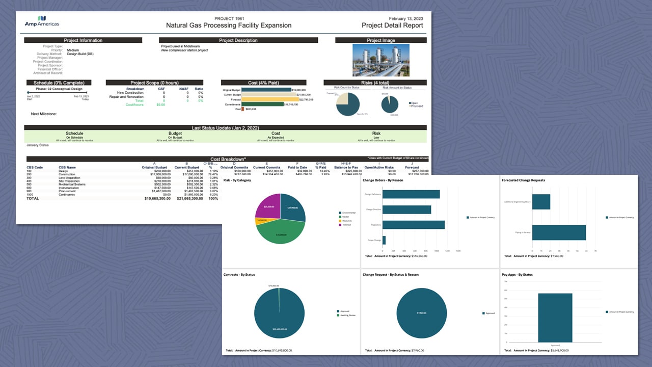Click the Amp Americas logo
click(42, 21)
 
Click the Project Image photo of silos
click(381, 60)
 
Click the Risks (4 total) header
click(375, 83)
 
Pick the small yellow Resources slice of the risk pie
click(260, 221)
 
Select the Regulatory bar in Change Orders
click(413, 225)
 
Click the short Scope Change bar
click(384, 240)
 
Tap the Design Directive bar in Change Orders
click(406, 209)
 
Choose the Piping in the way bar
click(559, 232)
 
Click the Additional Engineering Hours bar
click(541, 202)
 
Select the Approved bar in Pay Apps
click(555, 318)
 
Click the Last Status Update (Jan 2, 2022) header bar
click(225, 128)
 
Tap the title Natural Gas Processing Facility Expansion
click(229, 25)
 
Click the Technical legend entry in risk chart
click(346, 225)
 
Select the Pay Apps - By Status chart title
click(517, 275)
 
